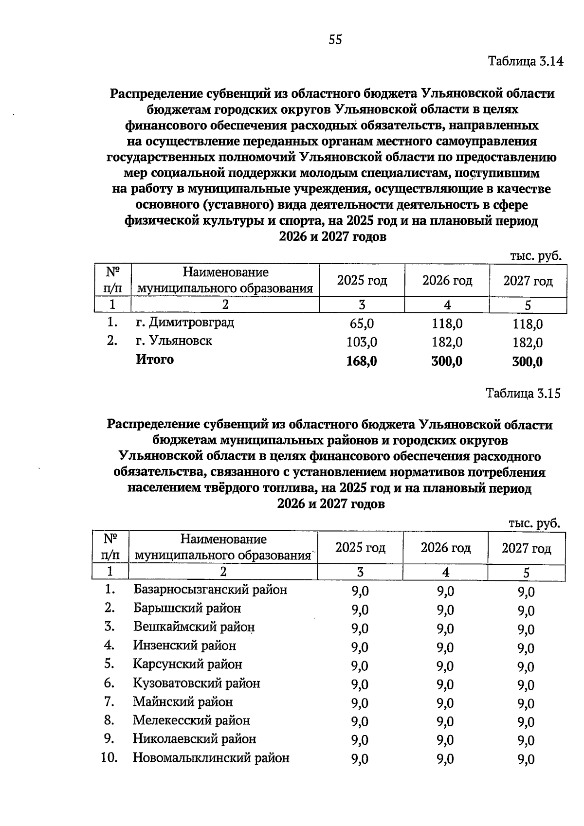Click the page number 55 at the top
tap(335, 40)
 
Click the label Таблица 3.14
tap(525, 62)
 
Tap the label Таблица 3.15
tap(523, 393)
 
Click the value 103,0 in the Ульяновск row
tap(362, 342)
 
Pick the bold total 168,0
tap(362, 361)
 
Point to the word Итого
tap(155, 360)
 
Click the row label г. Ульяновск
tap(174, 341)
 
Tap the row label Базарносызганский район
tap(210, 590)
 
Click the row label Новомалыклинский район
tap(211, 758)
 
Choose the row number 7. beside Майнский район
tap(109, 702)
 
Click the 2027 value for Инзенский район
tap(526, 648)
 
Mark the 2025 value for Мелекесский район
tap(360, 722)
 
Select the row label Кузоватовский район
tap(197, 683)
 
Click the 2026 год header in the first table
tap(447, 281)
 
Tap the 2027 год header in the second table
tap(527, 549)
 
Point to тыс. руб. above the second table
tap(534, 523)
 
